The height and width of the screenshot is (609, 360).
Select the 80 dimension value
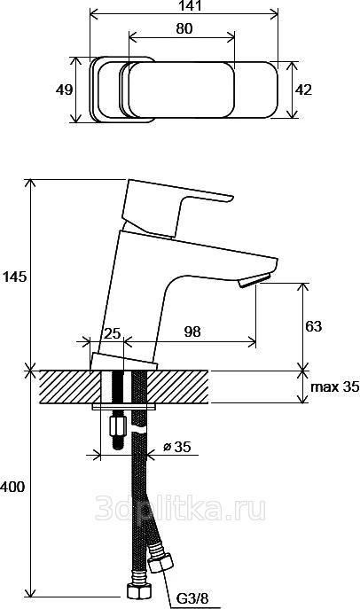(184, 28)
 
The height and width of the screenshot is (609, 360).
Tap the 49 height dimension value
(64, 90)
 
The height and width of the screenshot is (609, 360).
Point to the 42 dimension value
(303, 90)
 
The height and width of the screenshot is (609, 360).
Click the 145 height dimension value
(15, 277)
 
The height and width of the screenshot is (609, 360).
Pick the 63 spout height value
(314, 326)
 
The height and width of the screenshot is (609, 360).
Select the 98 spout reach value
(192, 332)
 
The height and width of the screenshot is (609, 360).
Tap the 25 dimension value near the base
(113, 333)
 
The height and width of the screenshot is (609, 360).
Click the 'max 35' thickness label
(335, 386)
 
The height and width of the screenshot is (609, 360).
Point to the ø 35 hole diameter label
(177, 447)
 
